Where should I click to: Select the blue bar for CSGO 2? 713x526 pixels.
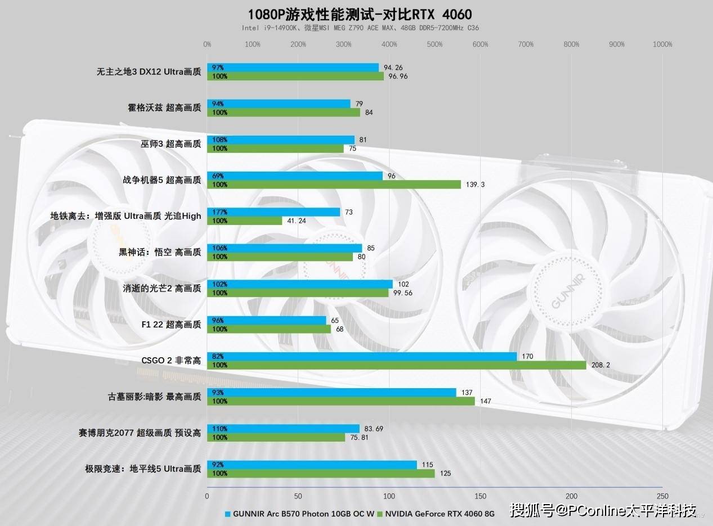tap(362, 357)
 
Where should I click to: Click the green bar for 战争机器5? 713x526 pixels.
tap(334, 185)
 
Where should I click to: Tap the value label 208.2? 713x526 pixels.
tap(601, 365)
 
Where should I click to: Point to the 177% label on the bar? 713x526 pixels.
tap(219, 212)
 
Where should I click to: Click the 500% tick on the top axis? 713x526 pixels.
tap(434, 44)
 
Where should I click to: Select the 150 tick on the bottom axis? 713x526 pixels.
tap(481, 496)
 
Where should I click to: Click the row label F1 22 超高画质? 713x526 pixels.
tap(171, 325)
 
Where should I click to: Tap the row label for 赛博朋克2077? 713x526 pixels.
tap(140, 433)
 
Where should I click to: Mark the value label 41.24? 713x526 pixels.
tap(297, 221)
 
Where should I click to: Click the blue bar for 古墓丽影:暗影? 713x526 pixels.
tap(331, 393)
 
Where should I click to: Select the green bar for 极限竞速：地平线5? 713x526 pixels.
tap(321, 474)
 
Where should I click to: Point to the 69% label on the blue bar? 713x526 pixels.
tap(218, 176)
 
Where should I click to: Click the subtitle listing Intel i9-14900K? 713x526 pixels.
tap(360, 28)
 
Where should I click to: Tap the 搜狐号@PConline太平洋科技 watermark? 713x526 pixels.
tap(603, 510)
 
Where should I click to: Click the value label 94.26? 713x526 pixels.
tap(393, 68)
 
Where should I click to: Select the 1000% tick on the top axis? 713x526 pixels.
tap(662, 44)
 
